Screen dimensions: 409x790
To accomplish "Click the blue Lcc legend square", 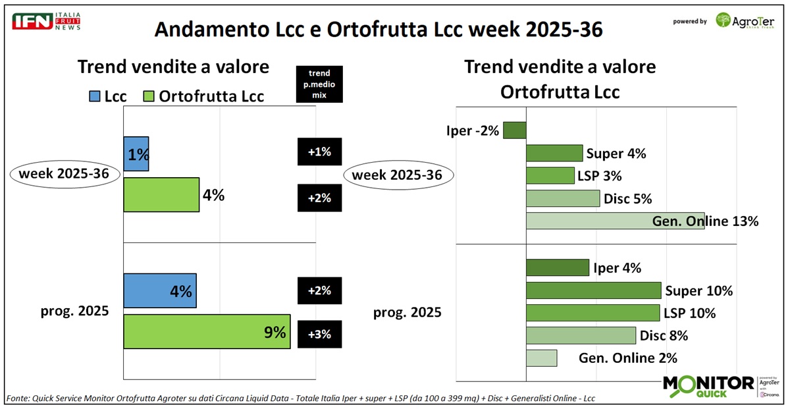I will (93, 96).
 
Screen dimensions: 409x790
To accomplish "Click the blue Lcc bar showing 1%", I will (136, 154).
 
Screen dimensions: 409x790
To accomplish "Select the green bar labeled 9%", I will (207, 331).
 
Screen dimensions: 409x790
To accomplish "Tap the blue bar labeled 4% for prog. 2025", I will (160, 290).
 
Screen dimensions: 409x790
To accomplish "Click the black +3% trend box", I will (320, 334).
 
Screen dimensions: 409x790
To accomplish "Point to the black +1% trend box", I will (320, 152).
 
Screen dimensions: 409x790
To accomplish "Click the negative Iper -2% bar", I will (514, 130).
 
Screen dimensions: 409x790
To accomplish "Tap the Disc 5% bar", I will (563, 198).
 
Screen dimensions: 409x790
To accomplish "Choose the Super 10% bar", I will (593, 290).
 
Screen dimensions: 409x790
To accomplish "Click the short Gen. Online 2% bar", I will (541, 358).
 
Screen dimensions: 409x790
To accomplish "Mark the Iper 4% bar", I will (557, 267).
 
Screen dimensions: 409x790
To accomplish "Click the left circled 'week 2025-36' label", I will (65, 175).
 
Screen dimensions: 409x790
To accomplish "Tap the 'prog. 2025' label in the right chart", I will (408, 312).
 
